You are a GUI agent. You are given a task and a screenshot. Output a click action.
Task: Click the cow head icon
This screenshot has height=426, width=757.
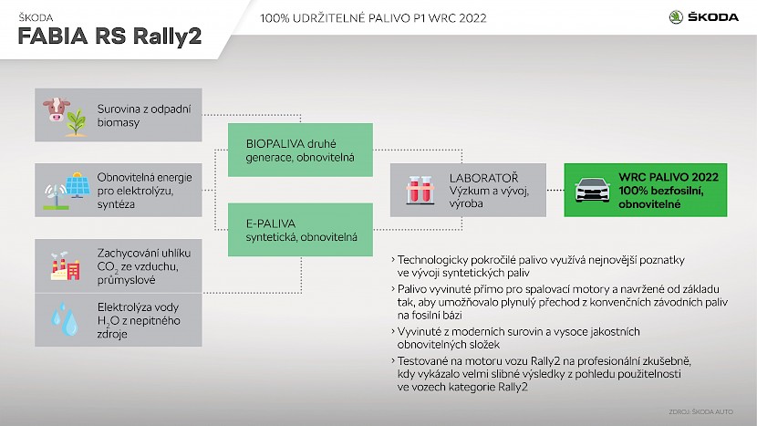tap(56, 109)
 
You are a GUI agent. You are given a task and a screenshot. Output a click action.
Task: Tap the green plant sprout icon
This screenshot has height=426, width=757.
tap(76, 123)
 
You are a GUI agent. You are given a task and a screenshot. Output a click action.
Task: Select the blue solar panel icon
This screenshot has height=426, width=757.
tap(78, 184)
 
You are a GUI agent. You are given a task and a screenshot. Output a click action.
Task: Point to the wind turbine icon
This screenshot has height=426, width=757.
tap(56, 196)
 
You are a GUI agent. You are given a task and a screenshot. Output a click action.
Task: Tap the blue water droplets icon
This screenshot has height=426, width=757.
tap(65, 319)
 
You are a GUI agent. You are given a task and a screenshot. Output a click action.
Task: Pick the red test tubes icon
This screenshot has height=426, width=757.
tap(420, 190)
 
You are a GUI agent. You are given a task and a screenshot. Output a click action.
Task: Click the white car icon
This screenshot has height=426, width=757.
tap(592, 190)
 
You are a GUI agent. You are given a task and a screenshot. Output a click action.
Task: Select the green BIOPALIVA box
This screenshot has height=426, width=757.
tap(300, 150)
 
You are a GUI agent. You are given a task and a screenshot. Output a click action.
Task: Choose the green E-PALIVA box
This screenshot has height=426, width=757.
tap(300, 230)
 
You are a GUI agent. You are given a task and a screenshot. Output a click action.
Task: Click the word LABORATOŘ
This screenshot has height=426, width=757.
tap(483, 177)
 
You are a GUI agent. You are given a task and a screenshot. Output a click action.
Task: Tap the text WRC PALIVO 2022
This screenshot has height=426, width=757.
tap(669, 177)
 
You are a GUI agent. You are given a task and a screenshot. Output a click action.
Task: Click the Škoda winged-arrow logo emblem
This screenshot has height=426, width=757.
tap(676, 17)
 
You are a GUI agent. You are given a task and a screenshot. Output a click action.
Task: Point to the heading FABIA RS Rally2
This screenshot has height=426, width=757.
tap(109, 36)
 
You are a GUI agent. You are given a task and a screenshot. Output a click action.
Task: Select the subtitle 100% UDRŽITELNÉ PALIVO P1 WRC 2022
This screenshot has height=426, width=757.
tap(373, 18)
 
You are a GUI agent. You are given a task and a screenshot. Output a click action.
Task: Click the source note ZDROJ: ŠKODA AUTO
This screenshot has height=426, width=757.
tap(701, 412)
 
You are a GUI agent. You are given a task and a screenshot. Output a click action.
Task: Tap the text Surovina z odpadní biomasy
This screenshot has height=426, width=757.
tap(144, 116)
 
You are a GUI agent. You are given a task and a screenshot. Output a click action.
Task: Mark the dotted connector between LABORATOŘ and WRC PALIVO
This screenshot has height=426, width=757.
tap(555, 190)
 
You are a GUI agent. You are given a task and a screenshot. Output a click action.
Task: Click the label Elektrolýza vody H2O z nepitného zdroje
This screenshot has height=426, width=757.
tap(139, 320)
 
